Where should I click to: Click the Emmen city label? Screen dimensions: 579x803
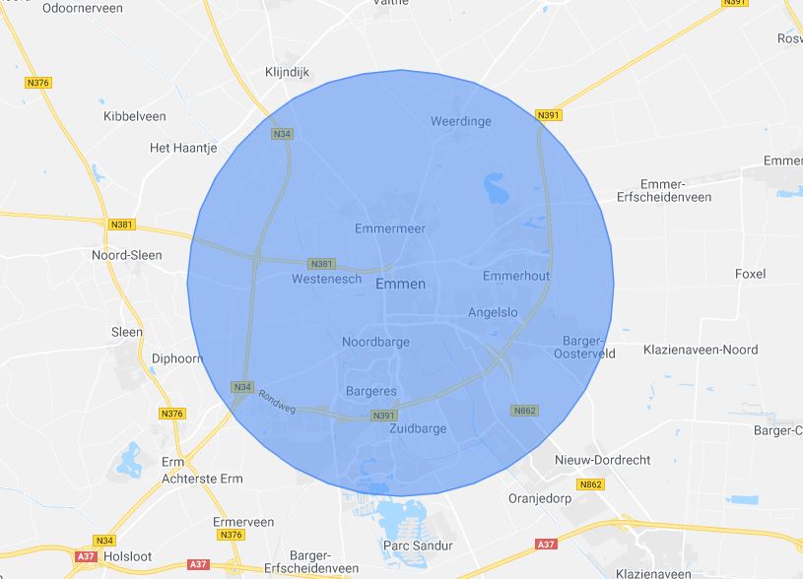[x=401, y=285]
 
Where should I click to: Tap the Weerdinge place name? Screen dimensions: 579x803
[x=461, y=121]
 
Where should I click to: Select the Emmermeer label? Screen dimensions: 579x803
[x=389, y=228]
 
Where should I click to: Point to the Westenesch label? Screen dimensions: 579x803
[x=323, y=280]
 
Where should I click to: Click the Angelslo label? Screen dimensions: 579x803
[x=492, y=313]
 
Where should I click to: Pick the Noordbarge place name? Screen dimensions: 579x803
[x=375, y=343]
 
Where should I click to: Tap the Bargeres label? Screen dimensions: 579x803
[x=371, y=392]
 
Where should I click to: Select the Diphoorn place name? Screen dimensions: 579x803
[x=176, y=358]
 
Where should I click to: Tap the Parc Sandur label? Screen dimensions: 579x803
[x=417, y=546]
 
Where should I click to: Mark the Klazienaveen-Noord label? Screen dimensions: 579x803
[x=700, y=350]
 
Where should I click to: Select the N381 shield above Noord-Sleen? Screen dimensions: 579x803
[x=122, y=224]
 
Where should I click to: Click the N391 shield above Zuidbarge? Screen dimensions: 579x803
[x=384, y=417]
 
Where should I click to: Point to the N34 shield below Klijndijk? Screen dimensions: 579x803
[x=283, y=134]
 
